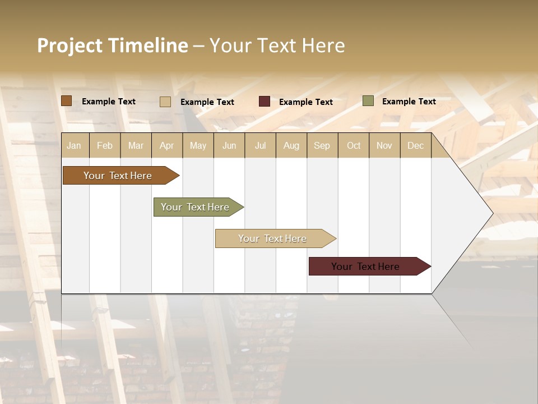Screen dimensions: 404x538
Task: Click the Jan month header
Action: click(x=74, y=145)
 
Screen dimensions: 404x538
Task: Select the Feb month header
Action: click(x=105, y=145)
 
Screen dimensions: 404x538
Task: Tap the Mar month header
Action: click(x=136, y=145)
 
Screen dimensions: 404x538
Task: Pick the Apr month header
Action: click(x=167, y=145)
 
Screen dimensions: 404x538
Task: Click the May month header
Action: click(x=198, y=145)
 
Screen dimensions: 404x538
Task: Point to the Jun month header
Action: click(x=229, y=145)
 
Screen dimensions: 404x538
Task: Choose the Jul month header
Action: click(x=260, y=145)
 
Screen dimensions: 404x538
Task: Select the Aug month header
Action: click(x=291, y=145)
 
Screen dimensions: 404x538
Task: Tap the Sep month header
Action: click(x=322, y=145)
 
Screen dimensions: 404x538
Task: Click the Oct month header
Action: click(x=354, y=145)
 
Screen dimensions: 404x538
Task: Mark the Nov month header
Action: click(x=384, y=145)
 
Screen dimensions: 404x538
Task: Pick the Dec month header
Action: click(x=415, y=145)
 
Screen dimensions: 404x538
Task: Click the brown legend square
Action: click(x=67, y=101)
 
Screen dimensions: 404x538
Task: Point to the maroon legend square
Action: click(x=265, y=102)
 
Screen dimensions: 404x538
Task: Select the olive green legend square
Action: click(x=368, y=101)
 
